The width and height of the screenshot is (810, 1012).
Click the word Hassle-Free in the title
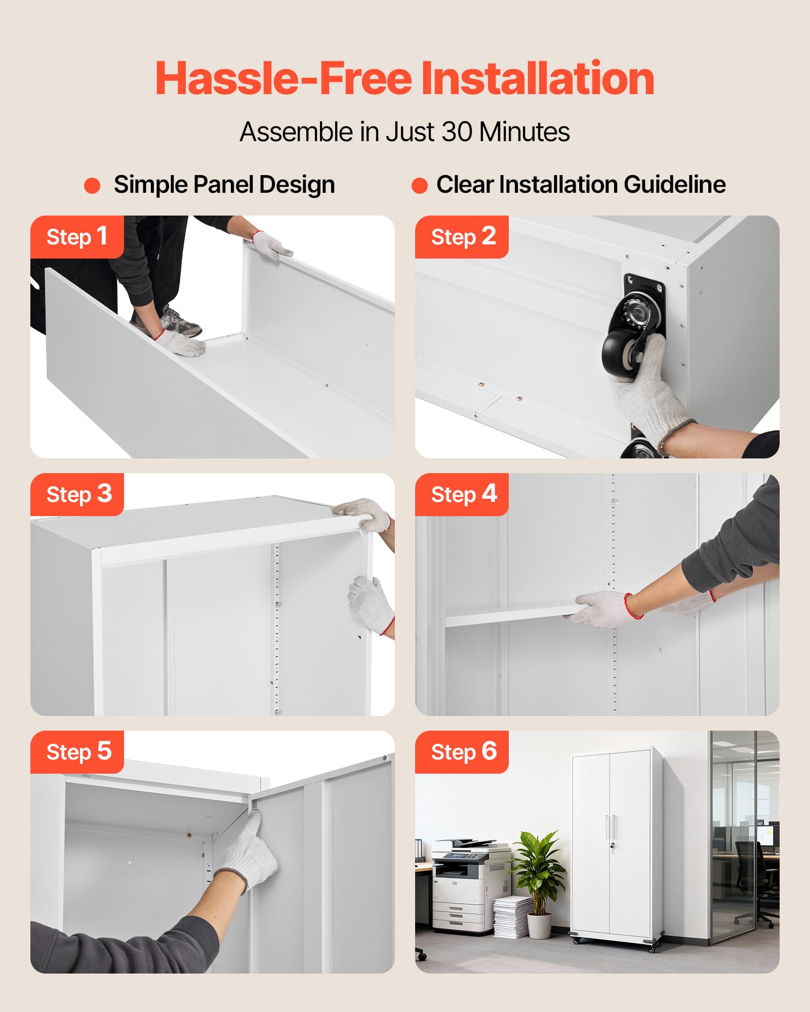[284, 78]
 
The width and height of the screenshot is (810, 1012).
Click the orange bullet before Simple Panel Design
[92, 186]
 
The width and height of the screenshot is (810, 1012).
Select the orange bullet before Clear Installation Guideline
[420, 186]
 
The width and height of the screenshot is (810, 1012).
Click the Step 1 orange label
[77, 237]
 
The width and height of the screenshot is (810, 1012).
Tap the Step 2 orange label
[462, 237]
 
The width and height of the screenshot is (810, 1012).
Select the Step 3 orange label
[77, 494]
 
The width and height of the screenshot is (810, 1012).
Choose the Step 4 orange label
[462, 494]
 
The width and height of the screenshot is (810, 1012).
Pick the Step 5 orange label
[77, 752]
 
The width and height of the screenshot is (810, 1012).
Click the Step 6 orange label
[462, 752]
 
